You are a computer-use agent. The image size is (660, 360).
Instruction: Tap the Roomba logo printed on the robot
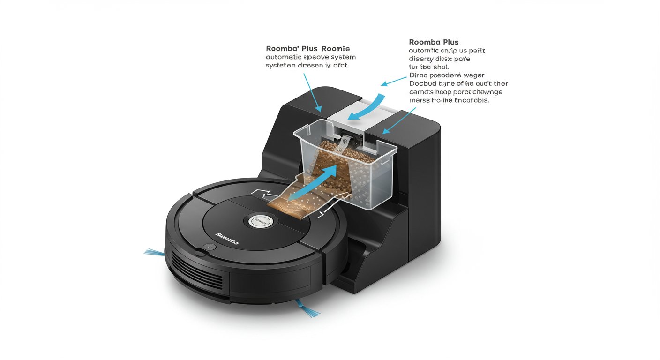click(227, 238)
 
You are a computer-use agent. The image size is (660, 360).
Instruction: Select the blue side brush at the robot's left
click(154, 253)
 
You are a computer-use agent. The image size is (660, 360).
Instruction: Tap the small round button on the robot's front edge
click(210, 247)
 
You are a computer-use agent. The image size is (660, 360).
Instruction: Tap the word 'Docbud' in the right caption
click(423, 83)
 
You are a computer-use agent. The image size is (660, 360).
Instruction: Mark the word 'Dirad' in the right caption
click(419, 75)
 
